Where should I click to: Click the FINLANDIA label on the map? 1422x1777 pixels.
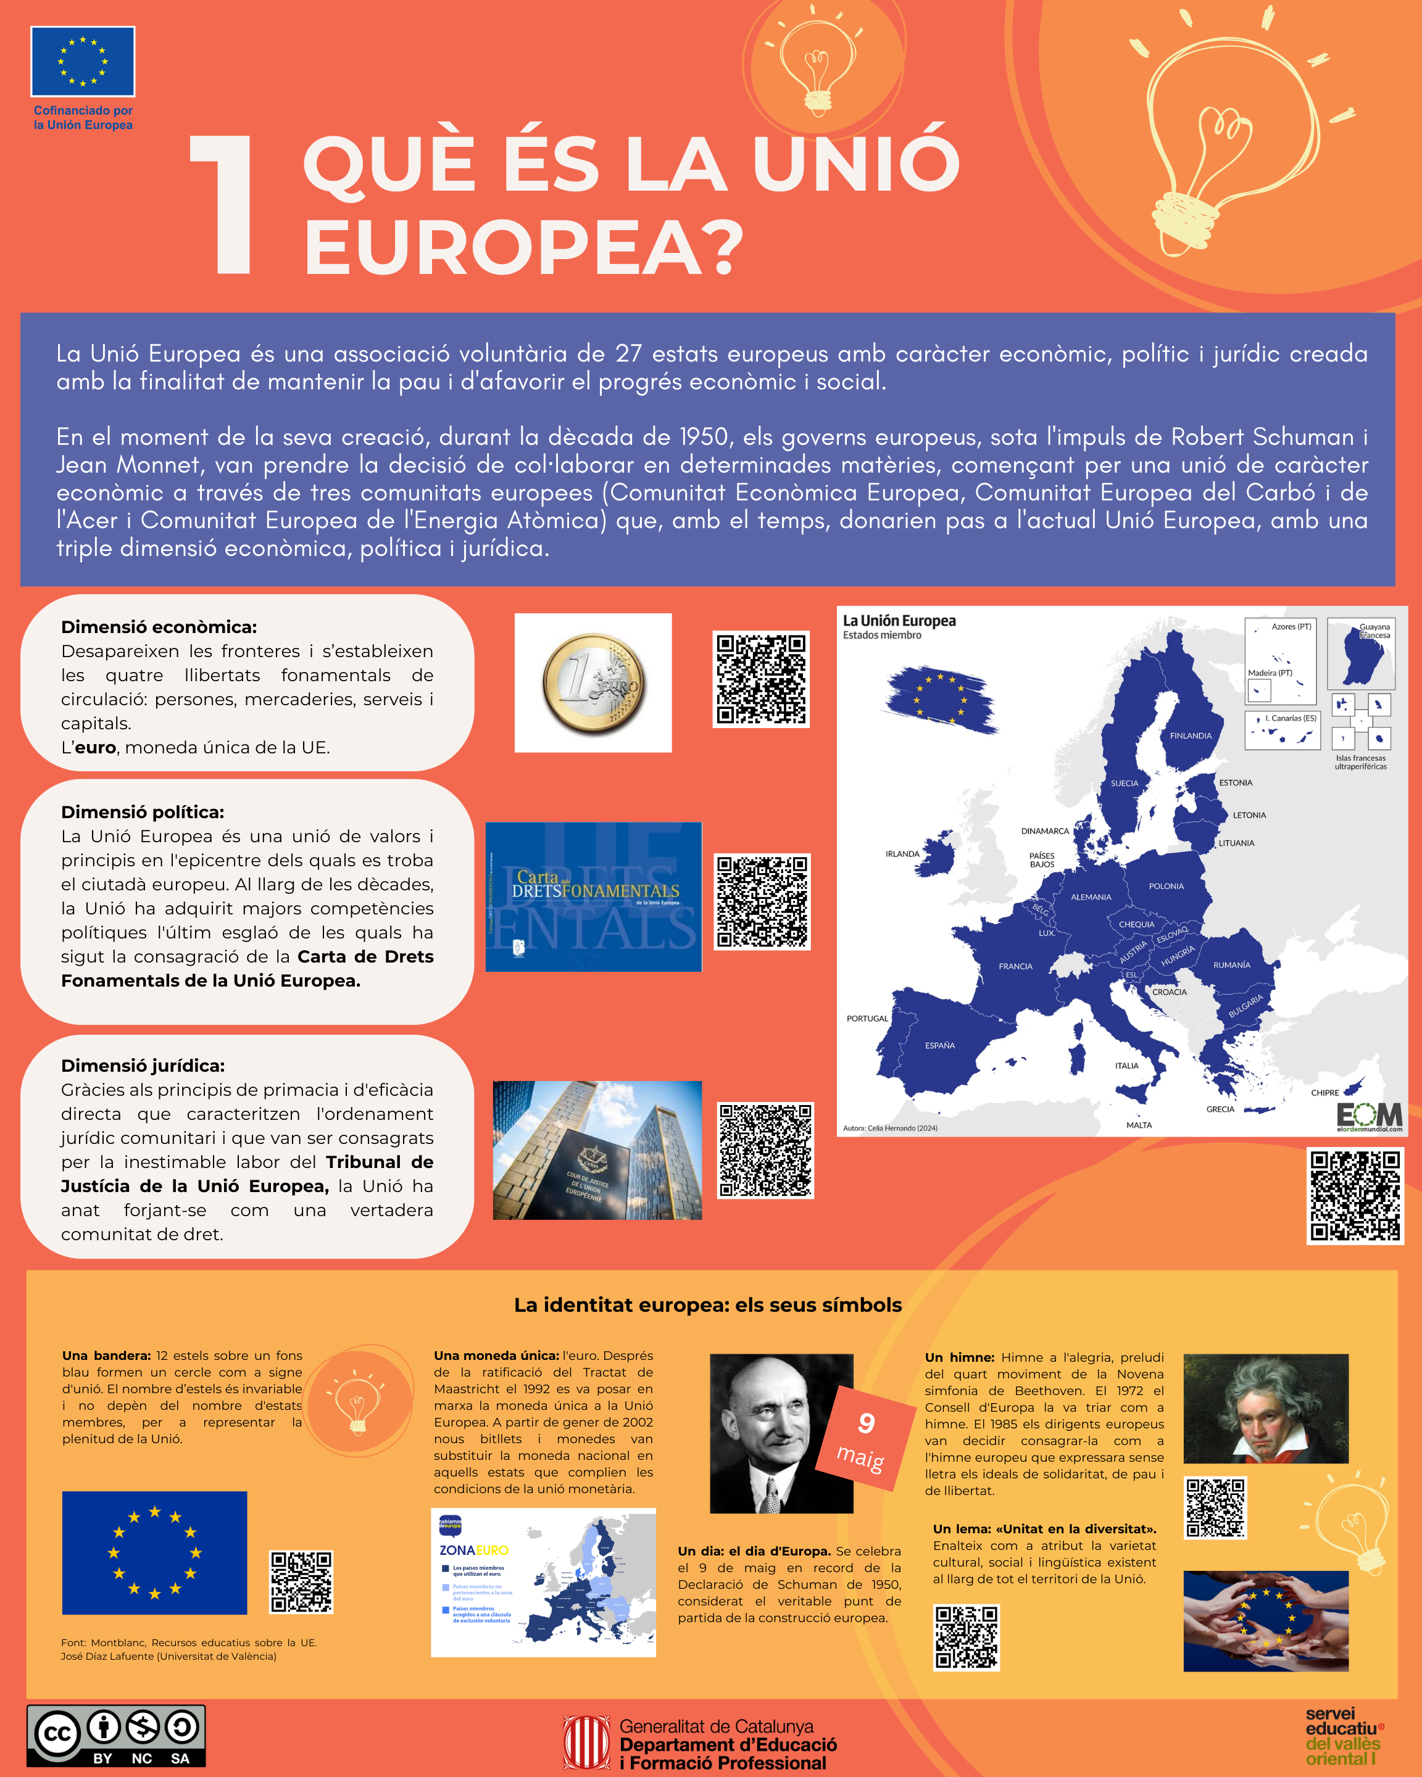(x=1191, y=736)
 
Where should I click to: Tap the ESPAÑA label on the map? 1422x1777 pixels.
(x=940, y=1046)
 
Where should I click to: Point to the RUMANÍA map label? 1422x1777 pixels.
(x=1231, y=965)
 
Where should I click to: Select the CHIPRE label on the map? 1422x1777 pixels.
(x=1324, y=1093)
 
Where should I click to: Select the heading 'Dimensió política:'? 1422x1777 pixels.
(x=143, y=813)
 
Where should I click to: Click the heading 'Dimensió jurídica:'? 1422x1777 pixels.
(x=143, y=1066)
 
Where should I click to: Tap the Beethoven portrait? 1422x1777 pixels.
(x=1265, y=1408)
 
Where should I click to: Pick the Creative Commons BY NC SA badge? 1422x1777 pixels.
(x=116, y=1735)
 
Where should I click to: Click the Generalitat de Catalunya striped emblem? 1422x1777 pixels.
(x=586, y=1742)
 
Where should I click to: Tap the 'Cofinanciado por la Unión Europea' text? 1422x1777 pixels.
(x=83, y=118)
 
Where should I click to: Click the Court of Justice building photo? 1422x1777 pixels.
(x=597, y=1149)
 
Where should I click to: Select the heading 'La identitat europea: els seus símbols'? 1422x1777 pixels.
(x=707, y=1305)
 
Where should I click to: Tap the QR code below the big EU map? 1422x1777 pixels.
(x=1354, y=1195)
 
